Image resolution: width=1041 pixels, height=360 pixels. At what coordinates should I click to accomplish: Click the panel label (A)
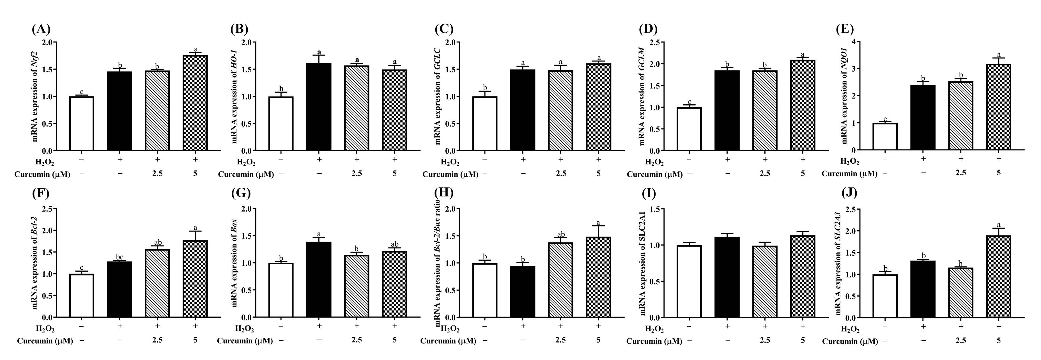[x=41, y=29]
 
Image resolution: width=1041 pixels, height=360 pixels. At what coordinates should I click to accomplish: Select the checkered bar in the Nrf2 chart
[x=195, y=103]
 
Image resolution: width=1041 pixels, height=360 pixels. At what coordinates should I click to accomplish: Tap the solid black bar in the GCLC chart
[x=523, y=110]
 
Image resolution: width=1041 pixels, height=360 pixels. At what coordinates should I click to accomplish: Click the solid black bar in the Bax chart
[x=319, y=279]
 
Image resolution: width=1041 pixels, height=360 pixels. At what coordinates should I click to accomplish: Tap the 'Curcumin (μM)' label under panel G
[x=245, y=341]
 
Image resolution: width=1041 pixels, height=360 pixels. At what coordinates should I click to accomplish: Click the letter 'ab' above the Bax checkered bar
[x=395, y=244]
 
